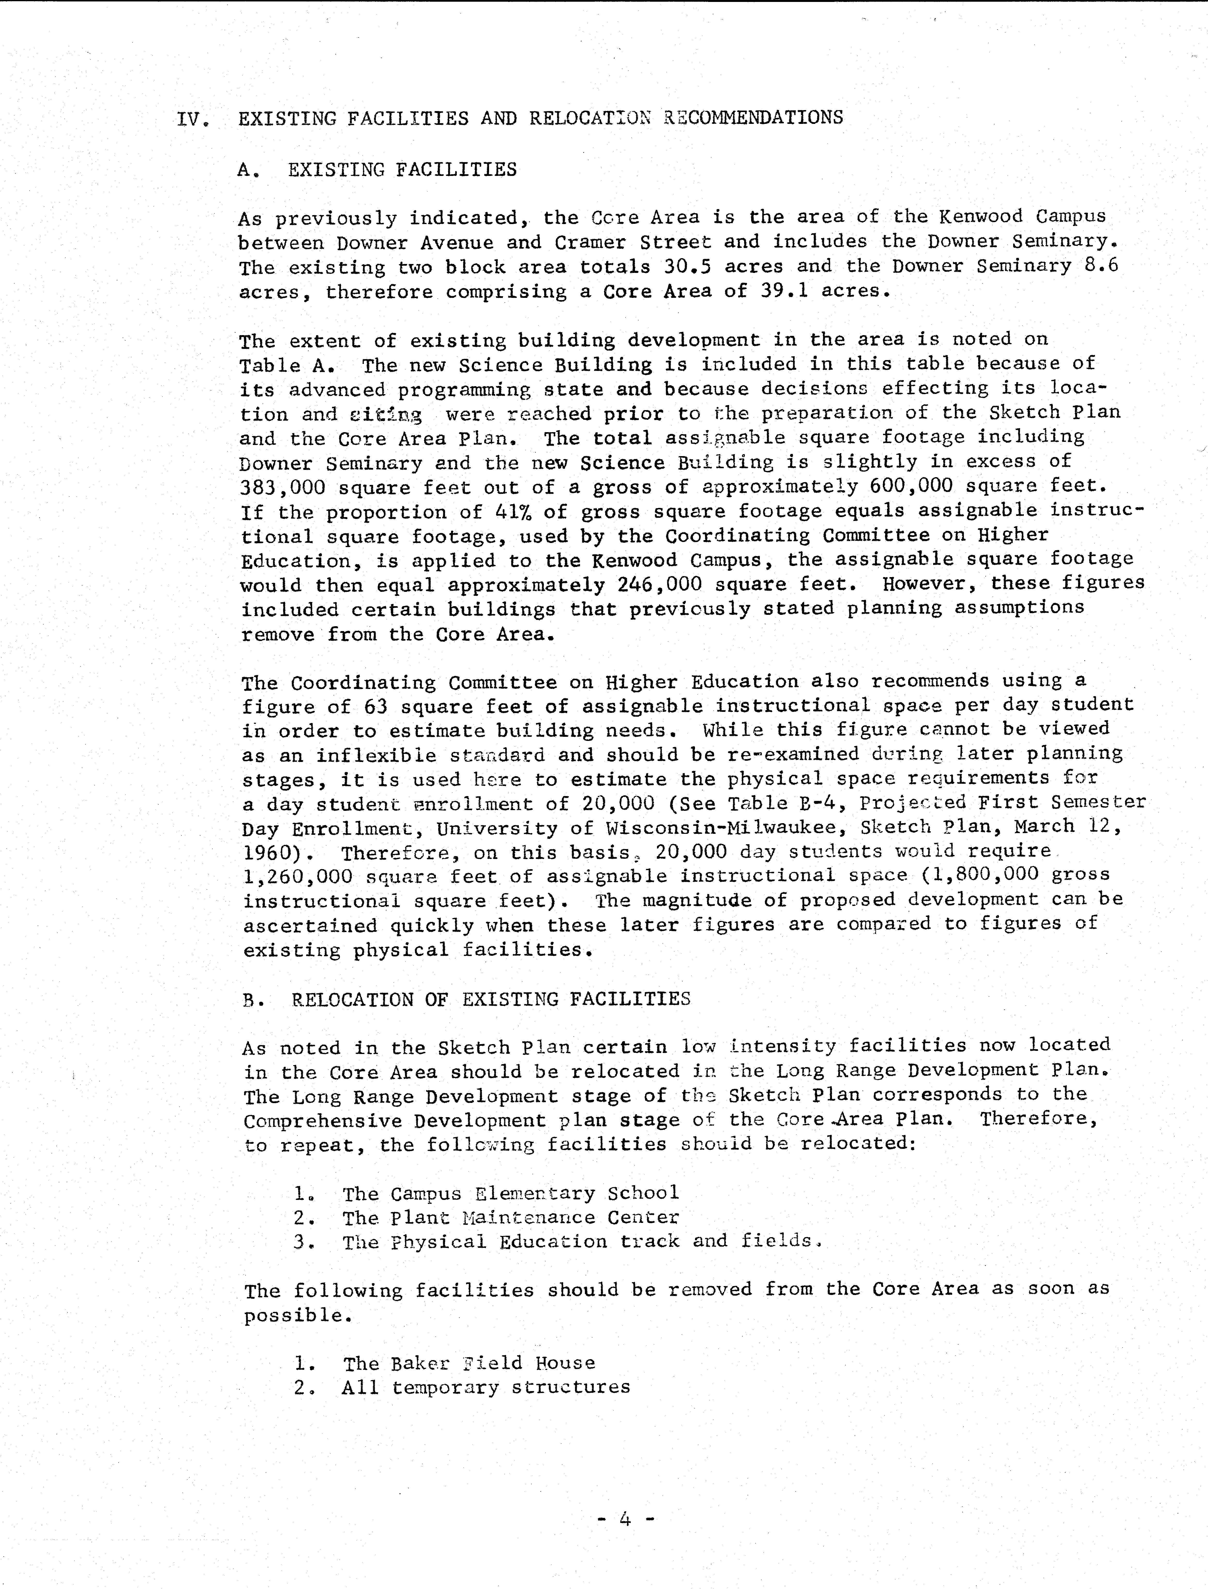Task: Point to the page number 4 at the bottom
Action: point(625,1519)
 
